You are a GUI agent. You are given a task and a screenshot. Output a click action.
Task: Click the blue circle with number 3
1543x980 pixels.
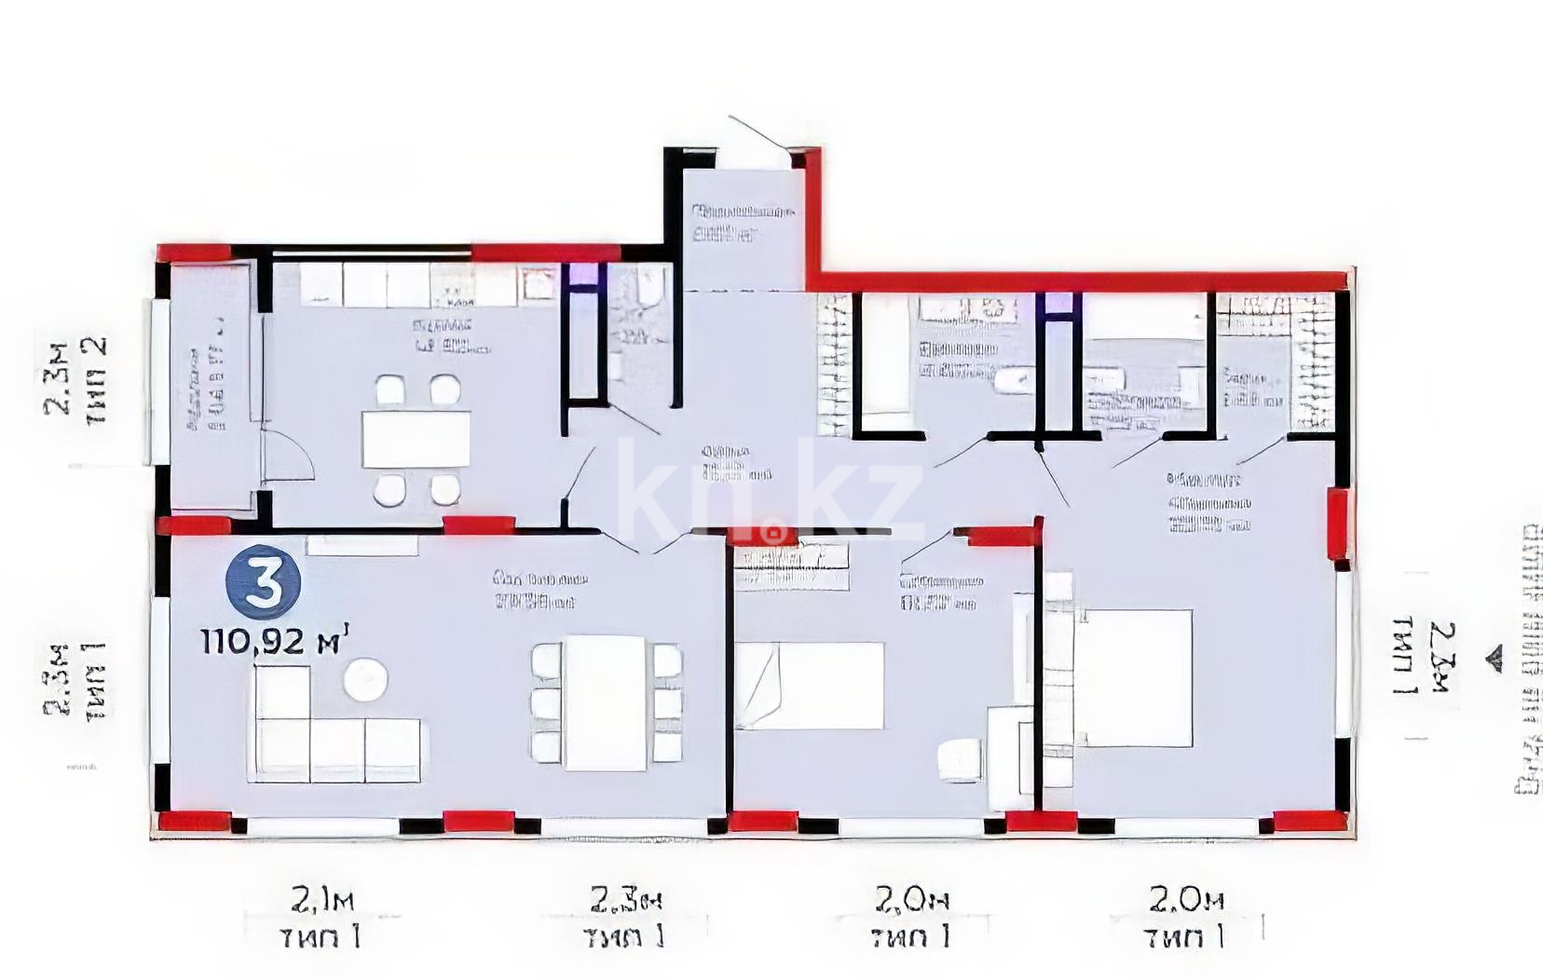[x=264, y=582]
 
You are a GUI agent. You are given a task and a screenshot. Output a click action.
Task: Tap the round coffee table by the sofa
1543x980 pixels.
[x=365, y=679]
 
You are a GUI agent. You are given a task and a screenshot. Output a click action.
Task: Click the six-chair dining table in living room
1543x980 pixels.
[x=606, y=702]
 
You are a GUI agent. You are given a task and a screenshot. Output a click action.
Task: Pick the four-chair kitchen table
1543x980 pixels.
[x=416, y=439]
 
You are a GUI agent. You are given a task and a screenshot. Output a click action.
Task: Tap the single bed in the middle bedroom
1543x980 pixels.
[x=809, y=685]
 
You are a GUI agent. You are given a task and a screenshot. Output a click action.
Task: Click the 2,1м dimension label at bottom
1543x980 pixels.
[x=322, y=902]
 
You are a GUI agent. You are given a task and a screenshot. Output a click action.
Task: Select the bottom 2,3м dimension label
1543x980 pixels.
[x=625, y=902]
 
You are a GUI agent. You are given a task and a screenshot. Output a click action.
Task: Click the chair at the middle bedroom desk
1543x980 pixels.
[x=960, y=759]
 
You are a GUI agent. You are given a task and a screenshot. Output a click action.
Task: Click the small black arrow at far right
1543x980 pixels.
[x=1496, y=659]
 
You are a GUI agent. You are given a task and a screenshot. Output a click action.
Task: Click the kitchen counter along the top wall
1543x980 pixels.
[x=410, y=284]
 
